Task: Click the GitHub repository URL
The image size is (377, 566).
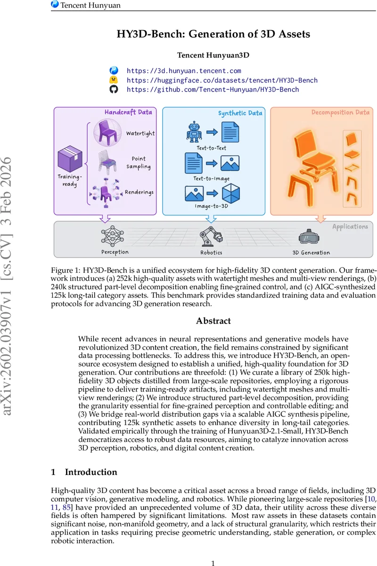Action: pyautogui.click(x=213, y=89)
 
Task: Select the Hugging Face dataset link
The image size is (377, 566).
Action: pyautogui.click(x=222, y=80)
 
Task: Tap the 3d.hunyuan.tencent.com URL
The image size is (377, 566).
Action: pyautogui.click(x=184, y=71)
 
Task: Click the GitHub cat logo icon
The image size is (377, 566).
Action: pyautogui.click(x=114, y=89)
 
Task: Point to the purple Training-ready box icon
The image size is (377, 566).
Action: pyautogui.click(x=69, y=158)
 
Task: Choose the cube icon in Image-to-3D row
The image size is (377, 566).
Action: pyautogui.click(x=231, y=193)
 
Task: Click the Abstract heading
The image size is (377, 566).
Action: pyautogui.click(x=213, y=321)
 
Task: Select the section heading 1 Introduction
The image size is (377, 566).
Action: pyautogui.click(x=84, y=472)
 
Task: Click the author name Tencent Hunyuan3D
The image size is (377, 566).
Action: pyautogui.click(x=213, y=55)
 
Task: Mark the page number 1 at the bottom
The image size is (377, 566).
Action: pyautogui.click(x=213, y=550)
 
